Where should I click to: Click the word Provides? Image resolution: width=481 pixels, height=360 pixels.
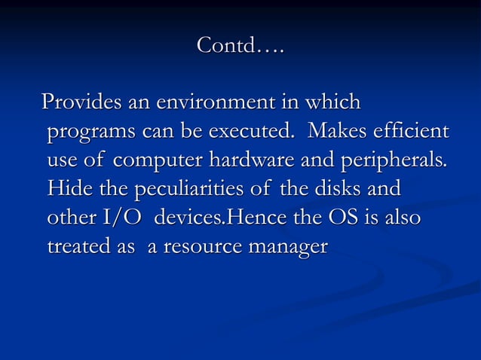78,102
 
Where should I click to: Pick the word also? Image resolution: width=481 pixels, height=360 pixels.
402,218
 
